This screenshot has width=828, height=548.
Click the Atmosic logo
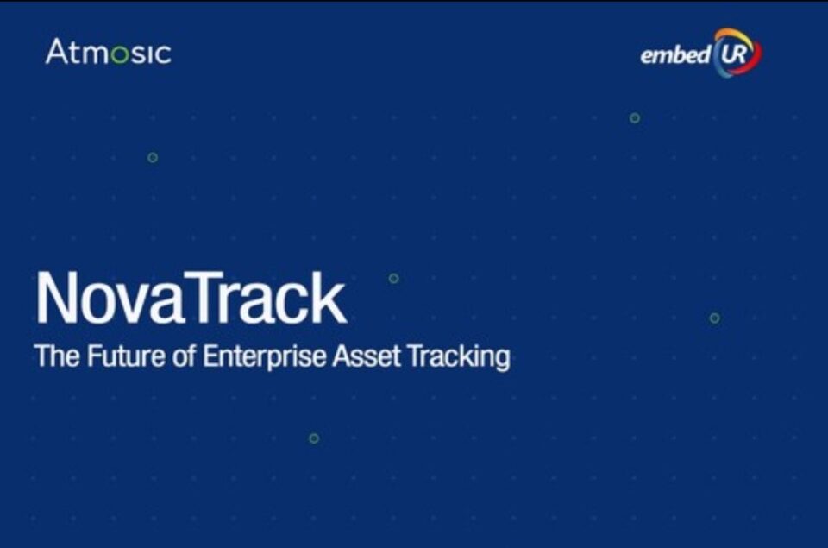tap(109, 52)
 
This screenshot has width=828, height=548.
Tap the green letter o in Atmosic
tap(121, 54)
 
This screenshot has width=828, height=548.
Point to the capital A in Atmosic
tap(56, 51)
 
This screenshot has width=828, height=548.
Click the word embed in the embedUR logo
tap(675, 54)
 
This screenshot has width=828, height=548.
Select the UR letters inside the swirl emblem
tap(733, 53)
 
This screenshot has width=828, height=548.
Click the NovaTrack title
tap(191, 298)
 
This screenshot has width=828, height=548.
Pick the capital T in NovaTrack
tap(204, 298)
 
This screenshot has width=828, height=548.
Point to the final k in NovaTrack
tap(330, 298)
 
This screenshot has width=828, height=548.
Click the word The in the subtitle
tap(57, 356)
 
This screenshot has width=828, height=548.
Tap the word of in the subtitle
tap(185, 356)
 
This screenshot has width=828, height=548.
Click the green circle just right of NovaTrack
tap(394, 279)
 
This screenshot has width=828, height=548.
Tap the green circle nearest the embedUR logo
tap(635, 118)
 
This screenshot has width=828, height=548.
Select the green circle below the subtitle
tap(314, 438)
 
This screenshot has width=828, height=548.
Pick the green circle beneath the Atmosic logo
tap(153, 157)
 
